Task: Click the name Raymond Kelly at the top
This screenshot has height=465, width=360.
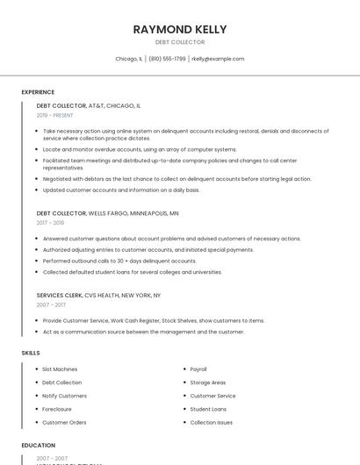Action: (180, 29)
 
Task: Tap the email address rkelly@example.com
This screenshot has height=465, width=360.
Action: (218, 59)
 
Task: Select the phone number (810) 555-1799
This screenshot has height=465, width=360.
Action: (167, 59)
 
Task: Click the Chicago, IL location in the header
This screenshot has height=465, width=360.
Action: (128, 59)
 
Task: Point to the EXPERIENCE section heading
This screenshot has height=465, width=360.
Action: (38, 92)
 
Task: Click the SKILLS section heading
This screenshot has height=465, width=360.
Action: (31, 353)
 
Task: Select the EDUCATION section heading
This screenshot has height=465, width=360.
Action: (39, 446)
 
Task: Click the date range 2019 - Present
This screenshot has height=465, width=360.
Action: (54, 116)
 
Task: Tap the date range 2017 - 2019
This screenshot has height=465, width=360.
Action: (50, 223)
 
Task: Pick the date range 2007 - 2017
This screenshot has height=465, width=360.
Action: (51, 305)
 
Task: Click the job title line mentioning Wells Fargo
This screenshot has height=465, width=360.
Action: (107, 212)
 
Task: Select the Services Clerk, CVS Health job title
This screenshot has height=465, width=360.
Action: (98, 295)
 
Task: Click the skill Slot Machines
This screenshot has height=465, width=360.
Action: (60, 369)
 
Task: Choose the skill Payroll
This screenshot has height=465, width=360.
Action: (198, 369)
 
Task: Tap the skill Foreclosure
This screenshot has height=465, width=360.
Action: (57, 409)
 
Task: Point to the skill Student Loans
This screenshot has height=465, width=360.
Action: (208, 409)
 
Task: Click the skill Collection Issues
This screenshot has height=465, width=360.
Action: (212, 422)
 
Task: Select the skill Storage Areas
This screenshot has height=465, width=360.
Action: (208, 383)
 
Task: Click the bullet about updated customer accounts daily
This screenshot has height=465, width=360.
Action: (121, 190)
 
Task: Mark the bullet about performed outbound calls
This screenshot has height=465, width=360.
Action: (119, 261)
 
